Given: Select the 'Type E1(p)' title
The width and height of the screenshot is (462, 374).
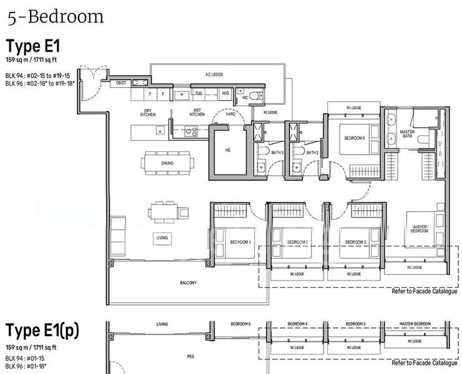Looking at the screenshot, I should pyautogui.click(x=42, y=331).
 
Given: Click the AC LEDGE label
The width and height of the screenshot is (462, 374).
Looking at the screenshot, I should pyautogui.click(x=214, y=74).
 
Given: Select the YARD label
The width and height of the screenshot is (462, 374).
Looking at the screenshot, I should pyautogui.click(x=230, y=114).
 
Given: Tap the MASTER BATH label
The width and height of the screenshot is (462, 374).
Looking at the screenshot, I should pyautogui.click(x=407, y=134).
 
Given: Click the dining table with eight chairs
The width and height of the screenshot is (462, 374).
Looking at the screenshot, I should pyautogui.click(x=167, y=163).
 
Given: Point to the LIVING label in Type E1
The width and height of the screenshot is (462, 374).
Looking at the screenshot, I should pyautogui.click(x=161, y=237).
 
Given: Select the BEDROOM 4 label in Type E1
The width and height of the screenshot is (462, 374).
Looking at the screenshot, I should pyautogui.click(x=241, y=241).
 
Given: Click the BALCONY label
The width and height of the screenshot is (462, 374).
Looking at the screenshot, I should pyautogui.click(x=188, y=282).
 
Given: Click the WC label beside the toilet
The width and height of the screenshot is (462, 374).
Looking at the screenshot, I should pyautogui.click(x=245, y=98).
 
